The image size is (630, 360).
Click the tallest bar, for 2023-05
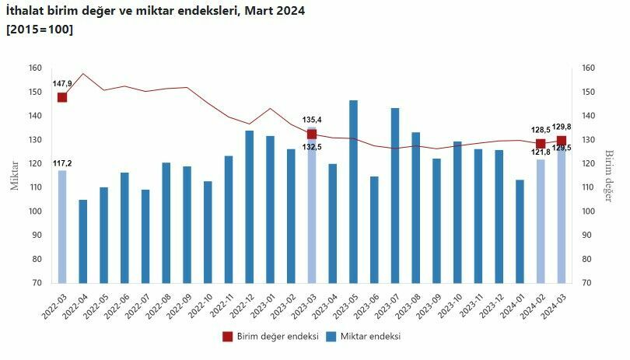[354, 191]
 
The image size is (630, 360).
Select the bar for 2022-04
[82, 241]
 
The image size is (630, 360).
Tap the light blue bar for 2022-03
[62, 226]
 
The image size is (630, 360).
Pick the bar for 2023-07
[395, 195]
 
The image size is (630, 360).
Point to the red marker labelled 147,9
[62, 97]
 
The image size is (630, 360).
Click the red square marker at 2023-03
[312, 134]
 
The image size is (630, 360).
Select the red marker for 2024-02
[541, 144]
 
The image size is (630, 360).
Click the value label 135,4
[312, 119]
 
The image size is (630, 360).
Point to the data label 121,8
[541, 152]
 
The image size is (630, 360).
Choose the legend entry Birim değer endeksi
[271, 337]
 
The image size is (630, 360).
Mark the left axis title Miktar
[14, 176]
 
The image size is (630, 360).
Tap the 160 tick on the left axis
[35, 68]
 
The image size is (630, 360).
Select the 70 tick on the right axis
[588, 283]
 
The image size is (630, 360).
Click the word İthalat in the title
[29, 12]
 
